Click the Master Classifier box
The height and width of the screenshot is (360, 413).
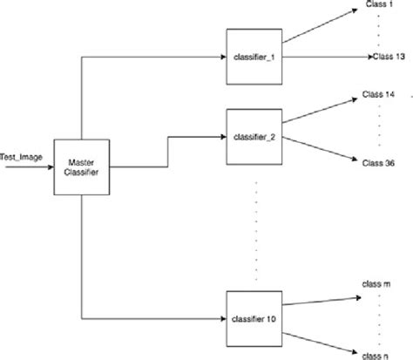pyautogui.click(x=80, y=166)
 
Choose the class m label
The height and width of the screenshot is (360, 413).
pyautogui.click(x=378, y=284)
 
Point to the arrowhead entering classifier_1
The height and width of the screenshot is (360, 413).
pyautogui.click(x=220, y=58)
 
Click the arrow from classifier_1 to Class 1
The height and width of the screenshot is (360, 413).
pyautogui.click(x=322, y=31)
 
